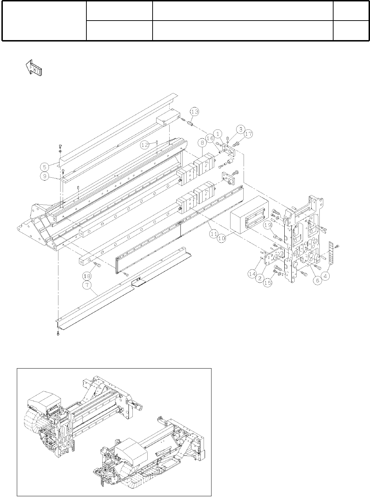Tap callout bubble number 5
(44, 167)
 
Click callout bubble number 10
(222, 239)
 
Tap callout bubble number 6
(317, 280)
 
